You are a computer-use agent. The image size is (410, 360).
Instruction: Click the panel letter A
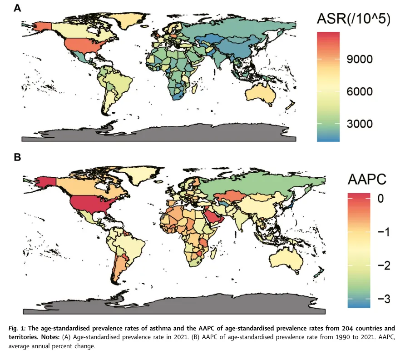[17, 8]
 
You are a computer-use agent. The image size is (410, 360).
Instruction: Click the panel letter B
[17, 157]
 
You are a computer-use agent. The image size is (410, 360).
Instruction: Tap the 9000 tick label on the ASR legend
[360, 59]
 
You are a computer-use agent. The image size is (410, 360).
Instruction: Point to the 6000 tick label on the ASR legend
[360, 92]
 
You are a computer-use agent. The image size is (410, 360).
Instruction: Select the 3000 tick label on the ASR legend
[360, 124]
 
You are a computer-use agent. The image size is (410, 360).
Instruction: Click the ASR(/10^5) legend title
[353, 19]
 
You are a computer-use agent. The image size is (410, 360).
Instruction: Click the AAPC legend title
[367, 180]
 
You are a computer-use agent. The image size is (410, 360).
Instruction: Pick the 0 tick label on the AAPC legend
[380, 199]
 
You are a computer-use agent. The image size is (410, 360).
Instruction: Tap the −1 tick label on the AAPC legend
[384, 232]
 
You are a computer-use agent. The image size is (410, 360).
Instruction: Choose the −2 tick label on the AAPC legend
[384, 265]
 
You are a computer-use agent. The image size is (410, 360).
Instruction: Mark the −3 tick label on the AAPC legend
[384, 299]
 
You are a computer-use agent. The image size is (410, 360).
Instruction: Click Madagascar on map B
[214, 254]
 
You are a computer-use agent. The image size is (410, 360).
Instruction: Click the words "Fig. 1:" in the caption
[17, 328]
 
